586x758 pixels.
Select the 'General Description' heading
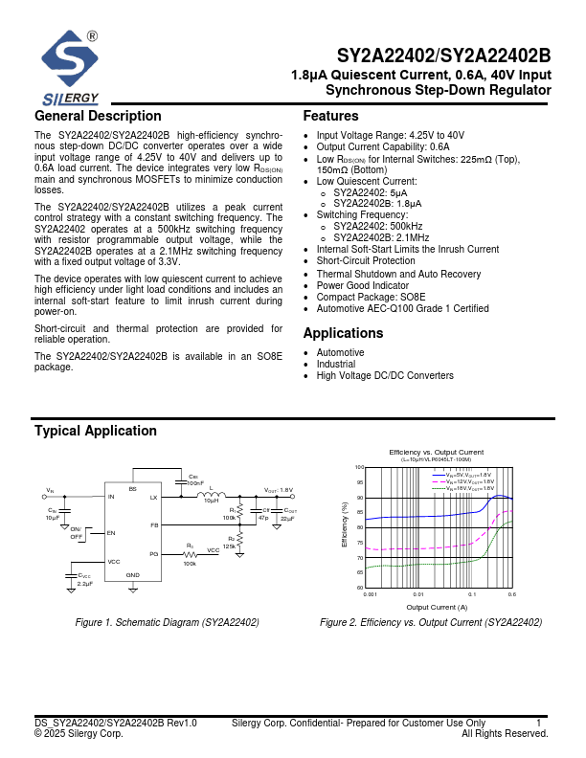98,117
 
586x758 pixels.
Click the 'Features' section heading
330,117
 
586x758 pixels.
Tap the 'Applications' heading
343,333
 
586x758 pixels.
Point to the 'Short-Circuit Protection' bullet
366,261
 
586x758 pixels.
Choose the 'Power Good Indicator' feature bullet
362,285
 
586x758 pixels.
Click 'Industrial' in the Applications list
336,365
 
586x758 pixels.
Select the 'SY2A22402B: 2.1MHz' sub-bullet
381,237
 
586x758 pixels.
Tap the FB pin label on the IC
154,525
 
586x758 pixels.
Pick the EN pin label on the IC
111,532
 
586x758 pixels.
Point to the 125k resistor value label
230,546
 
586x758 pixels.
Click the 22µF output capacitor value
287,518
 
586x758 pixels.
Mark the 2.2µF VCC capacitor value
84,583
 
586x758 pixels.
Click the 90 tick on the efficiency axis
360,498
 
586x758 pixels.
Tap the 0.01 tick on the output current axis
418,594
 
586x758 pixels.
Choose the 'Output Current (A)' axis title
437,607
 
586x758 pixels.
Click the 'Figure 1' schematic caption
168,623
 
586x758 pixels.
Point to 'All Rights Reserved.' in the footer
505,734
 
